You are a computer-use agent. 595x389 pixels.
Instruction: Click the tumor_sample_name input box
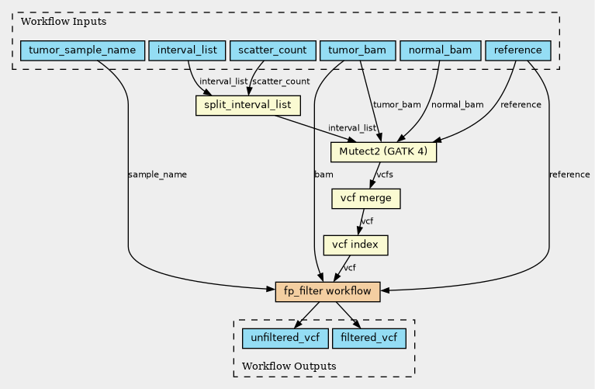(83, 50)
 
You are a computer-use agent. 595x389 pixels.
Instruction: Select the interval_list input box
(187, 50)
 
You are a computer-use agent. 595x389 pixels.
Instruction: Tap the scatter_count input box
(273, 50)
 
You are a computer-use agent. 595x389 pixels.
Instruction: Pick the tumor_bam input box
(358, 50)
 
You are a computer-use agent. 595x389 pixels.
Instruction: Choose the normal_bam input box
(441, 50)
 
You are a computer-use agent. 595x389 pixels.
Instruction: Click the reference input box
(518, 50)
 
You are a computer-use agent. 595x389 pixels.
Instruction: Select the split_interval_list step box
(248, 106)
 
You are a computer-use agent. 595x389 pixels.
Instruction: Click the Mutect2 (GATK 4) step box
(383, 152)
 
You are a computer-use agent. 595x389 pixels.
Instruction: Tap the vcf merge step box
(366, 199)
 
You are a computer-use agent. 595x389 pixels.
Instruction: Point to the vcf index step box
(355, 245)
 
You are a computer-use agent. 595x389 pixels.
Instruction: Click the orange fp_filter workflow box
(327, 292)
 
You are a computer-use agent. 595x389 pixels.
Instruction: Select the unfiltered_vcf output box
(285, 338)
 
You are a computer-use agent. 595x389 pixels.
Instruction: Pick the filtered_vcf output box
(368, 338)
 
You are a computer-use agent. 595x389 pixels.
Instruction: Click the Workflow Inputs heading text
(64, 22)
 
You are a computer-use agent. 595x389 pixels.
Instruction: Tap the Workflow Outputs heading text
(289, 366)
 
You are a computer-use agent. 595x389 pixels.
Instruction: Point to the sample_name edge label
(157, 175)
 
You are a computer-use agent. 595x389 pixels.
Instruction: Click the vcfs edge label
(385, 175)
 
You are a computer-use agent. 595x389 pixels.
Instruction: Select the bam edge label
(323, 175)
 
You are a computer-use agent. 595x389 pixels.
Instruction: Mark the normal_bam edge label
(457, 105)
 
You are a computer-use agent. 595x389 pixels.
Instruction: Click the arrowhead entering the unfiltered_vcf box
(298, 324)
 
